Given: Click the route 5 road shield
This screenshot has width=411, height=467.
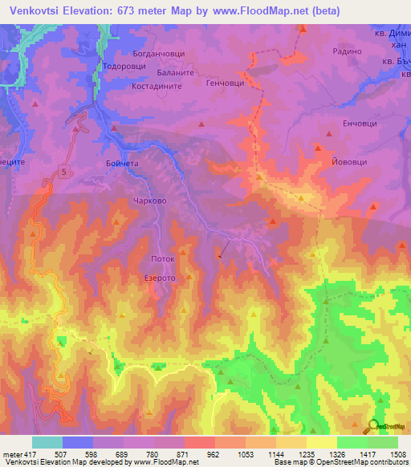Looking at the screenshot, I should point(63,169).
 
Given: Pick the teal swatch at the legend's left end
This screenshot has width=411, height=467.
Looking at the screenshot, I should point(47,442).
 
